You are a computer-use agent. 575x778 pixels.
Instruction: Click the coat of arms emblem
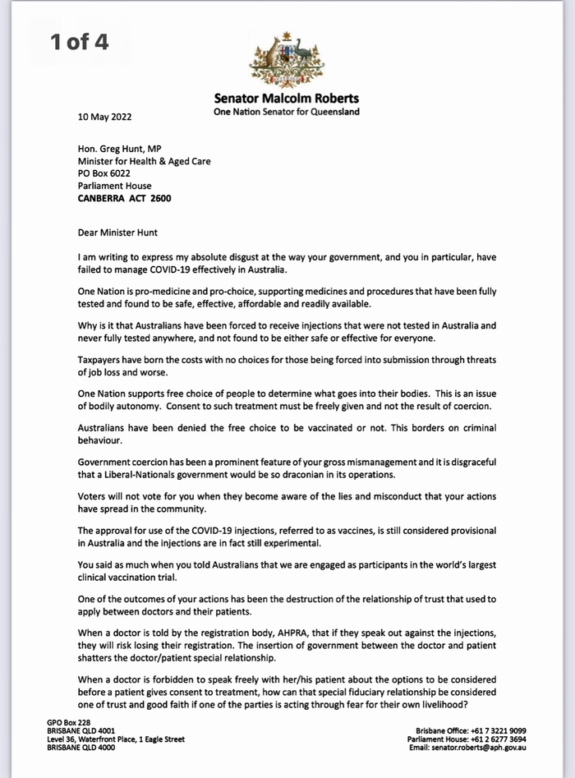[287, 59]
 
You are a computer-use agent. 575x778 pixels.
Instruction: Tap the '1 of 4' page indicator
[79, 42]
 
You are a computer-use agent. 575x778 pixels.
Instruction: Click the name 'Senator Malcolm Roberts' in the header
[287, 99]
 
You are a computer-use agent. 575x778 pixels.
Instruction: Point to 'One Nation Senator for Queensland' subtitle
[287, 113]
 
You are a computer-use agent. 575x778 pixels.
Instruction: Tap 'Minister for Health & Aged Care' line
[145, 162]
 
